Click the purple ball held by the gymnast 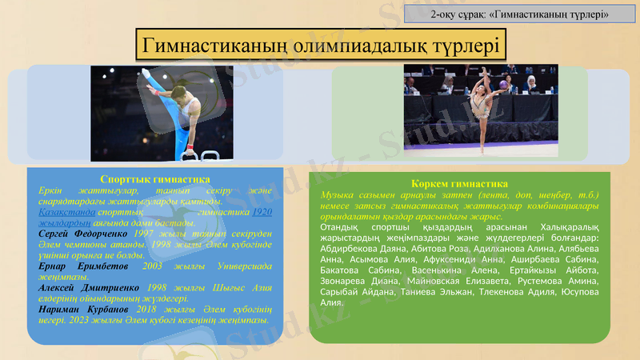tap(503, 82)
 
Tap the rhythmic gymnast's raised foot tap(484, 69)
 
